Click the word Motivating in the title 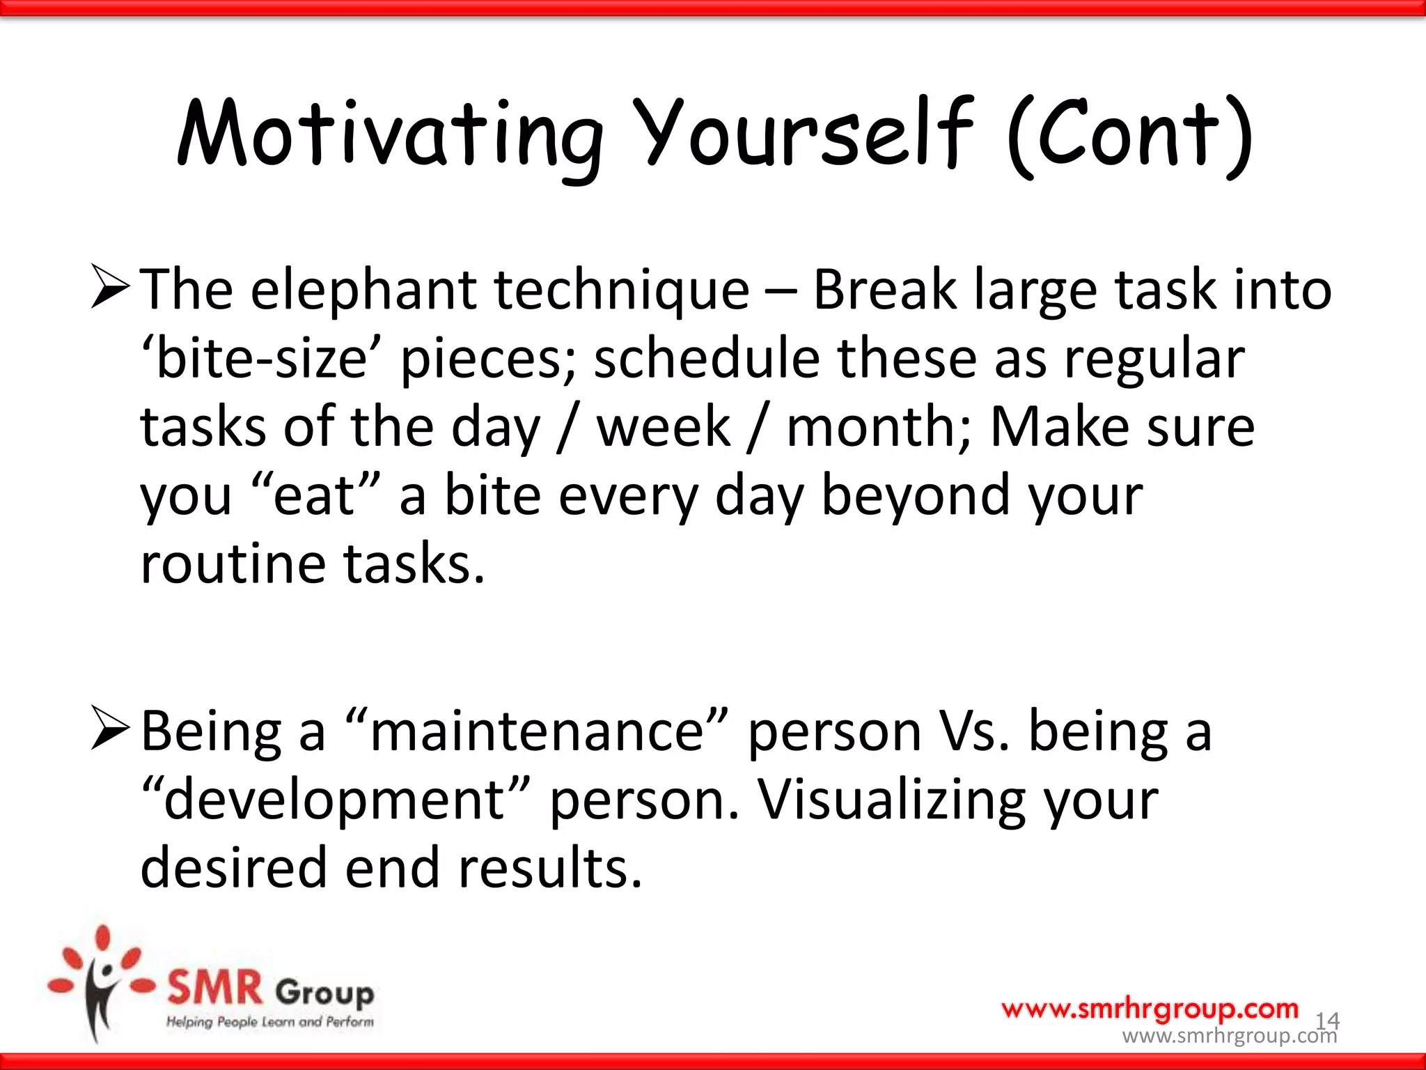tap(390, 136)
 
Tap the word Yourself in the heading tap(804, 136)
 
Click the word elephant tap(362, 290)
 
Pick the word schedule tap(706, 359)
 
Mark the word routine tap(233, 564)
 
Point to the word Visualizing tap(891, 800)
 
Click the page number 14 tap(1326, 1021)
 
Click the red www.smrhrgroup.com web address tap(1150, 1008)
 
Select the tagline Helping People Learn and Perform tap(269, 1022)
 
